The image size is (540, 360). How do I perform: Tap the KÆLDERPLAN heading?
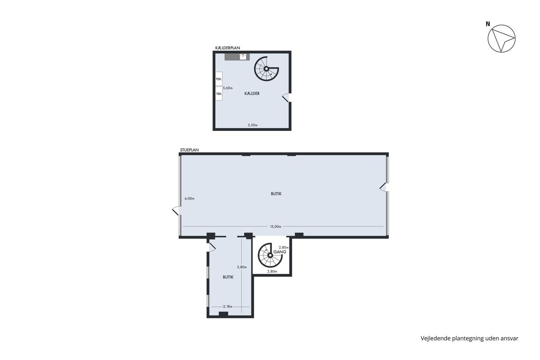[x=228, y=48]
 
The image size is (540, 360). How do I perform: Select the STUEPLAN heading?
[x=189, y=150]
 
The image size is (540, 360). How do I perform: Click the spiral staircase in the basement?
[x=267, y=69]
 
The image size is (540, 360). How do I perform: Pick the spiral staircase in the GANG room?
[x=270, y=255]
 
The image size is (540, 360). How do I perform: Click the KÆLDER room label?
[x=252, y=93]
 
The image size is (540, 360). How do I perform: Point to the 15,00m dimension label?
[x=275, y=226]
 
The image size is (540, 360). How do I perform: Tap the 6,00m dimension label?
[x=189, y=198]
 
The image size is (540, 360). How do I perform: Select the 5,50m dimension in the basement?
[x=253, y=125]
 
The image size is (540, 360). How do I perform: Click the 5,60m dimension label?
[x=228, y=88]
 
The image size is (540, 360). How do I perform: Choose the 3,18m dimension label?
[x=228, y=306]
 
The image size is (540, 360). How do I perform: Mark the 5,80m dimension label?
[x=242, y=267]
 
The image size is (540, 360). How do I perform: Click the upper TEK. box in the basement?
[x=219, y=79]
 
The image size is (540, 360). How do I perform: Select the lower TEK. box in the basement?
[x=219, y=93]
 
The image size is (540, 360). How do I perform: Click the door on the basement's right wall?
[x=286, y=97]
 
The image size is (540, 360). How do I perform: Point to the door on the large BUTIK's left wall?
[x=176, y=211]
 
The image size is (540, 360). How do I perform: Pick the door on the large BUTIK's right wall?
[x=383, y=187]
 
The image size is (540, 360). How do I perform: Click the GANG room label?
[x=280, y=252]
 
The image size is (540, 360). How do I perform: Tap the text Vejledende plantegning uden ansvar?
[x=469, y=338]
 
